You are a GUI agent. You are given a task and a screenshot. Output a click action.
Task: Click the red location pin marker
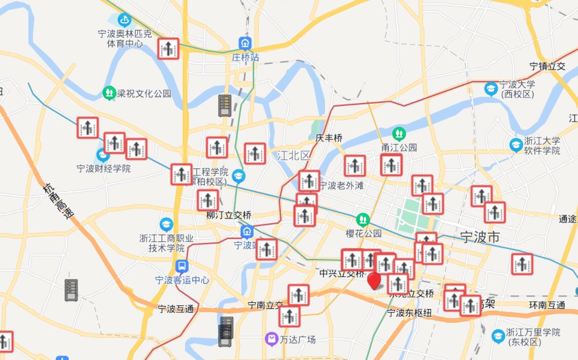(375, 280)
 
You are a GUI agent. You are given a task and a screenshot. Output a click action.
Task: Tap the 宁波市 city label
(480, 236)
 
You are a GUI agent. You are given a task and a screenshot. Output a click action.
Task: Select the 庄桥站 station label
(245, 57)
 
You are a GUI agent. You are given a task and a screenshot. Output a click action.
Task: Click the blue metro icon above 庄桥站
(245, 44)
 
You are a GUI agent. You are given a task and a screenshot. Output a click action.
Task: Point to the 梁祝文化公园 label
(144, 93)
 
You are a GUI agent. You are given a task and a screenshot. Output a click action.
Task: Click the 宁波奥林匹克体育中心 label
(125, 39)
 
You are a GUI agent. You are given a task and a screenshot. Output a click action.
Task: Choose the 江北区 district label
(293, 156)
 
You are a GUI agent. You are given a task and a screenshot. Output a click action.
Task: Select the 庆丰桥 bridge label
(329, 138)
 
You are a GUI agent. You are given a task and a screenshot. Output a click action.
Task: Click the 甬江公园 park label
(399, 148)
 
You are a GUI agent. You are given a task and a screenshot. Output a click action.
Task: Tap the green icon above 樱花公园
(363, 220)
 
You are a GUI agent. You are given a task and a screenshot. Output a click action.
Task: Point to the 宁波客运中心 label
(182, 280)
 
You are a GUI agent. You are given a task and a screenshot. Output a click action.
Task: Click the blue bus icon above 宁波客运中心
(182, 266)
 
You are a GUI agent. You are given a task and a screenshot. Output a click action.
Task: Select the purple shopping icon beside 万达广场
(272, 339)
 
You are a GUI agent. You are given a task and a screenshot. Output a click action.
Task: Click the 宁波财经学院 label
(103, 168)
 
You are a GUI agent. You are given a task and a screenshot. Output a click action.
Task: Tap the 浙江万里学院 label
(533, 337)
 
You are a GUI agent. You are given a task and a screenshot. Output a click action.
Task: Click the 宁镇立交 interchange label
(547, 66)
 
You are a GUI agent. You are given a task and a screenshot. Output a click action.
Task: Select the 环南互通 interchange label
(547, 305)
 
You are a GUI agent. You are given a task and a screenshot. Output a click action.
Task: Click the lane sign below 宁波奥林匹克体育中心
(168, 49)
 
